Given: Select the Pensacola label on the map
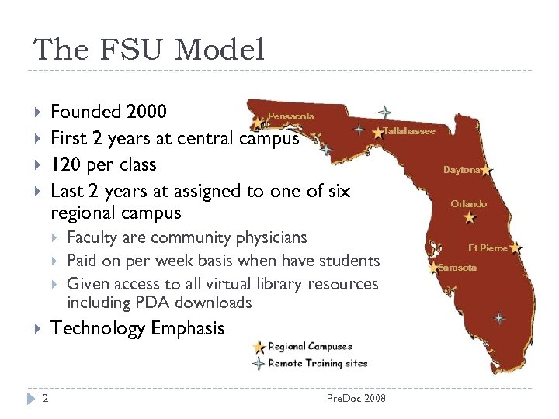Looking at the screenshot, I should [291, 116].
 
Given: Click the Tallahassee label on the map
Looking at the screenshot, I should [410, 131].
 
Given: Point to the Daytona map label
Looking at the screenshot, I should [462, 170].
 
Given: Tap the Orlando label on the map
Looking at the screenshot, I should [469, 204].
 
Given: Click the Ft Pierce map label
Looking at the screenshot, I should [488, 248].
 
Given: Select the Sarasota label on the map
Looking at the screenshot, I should [457, 268].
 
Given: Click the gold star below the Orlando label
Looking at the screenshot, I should [470, 218].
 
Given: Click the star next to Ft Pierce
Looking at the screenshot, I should [516, 248].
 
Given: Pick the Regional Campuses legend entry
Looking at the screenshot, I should [310, 347].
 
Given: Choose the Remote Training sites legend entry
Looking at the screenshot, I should [318, 362].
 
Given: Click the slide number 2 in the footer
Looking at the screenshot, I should [46, 399].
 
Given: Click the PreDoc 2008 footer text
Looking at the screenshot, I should [356, 399].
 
